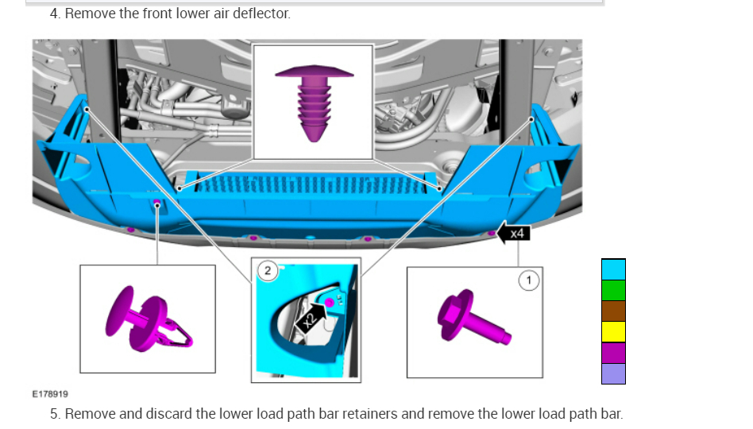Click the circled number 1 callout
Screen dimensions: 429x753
pyautogui.click(x=529, y=279)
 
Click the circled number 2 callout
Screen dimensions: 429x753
pyautogui.click(x=268, y=271)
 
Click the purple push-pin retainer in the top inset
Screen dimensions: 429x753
pyautogui.click(x=313, y=102)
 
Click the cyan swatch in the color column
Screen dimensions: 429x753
pyautogui.click(x=613, y=269)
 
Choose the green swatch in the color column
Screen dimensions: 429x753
pyautogui.click(x=613, y=290)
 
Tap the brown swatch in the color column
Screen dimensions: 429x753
pyautogui.click(x=613, y=311)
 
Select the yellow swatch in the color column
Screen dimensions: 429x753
pyautogui.click(x=613, y=332)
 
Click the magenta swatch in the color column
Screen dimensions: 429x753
pyautogui.click(x=613, y=353)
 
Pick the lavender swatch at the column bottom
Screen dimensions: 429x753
pyautogui.click(x=613, y=373)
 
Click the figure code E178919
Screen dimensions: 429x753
pyautogui.click(x=49, y=393)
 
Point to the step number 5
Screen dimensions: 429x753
pyautogui.click(x=54, y=414)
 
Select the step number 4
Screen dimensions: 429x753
pyautogui.click(x=54, y=14)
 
